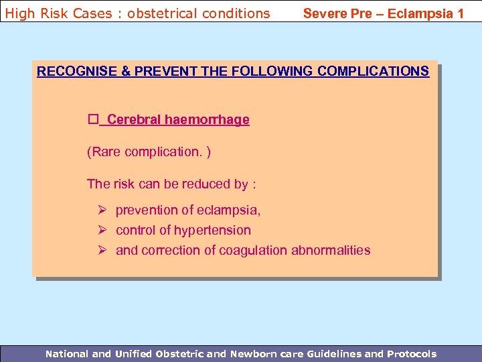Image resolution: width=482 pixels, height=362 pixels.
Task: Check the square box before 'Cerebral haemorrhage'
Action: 92,119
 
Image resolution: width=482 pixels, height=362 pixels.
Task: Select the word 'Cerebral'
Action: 134,120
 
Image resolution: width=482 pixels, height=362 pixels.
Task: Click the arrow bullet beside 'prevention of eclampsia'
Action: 102,210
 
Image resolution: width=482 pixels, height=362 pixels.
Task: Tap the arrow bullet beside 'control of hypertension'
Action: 102,231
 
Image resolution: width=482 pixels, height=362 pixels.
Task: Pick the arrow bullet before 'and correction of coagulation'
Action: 102,251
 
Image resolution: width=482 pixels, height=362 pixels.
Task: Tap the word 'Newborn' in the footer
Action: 256,354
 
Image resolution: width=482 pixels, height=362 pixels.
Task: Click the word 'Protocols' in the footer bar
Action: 411,354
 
